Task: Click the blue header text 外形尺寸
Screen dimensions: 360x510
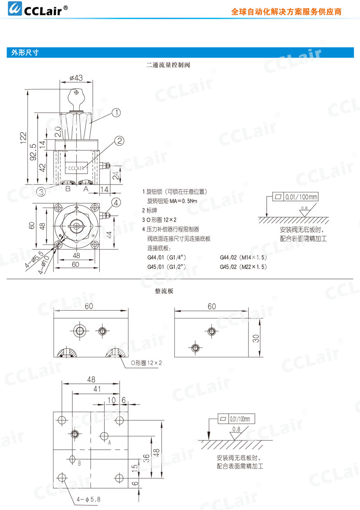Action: [25, 53]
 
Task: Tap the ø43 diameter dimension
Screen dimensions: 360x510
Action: [76, 78]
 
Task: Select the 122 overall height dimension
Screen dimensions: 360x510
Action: [23, 138]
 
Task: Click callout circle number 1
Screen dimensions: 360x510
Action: [116, 112]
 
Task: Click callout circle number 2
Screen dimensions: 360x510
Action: [120, 140]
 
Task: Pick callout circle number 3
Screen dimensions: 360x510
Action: [41, 191]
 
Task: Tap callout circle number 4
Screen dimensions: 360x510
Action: [116, 202]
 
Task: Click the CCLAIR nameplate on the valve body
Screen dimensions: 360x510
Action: [76, 168]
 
